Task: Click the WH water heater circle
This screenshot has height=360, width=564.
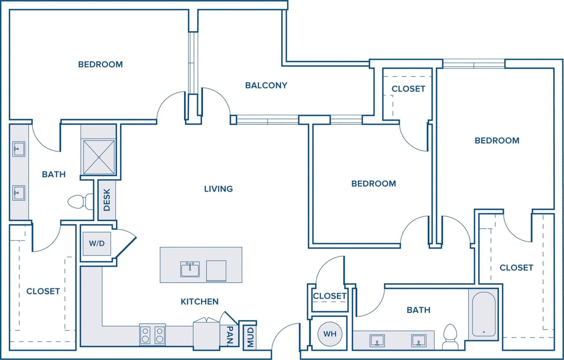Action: pyautogui.click(x=330, y=334)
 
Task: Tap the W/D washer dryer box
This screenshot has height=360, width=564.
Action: pyautogui.click(x=97, y=243)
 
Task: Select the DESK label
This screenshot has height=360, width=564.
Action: pyautogui.click(x=107, y=200)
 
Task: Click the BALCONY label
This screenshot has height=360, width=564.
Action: pyautogui.click(x=266, y=85)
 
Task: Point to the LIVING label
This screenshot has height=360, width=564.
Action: pyautogui.click(x=218, y=189)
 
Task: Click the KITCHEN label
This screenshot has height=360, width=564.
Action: pyautogui.click(x=200, y=301)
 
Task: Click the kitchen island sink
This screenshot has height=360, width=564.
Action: pyautogui.click(x=190, y=269)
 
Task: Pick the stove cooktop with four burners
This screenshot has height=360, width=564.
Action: pyautogui.click(x=152, y=334)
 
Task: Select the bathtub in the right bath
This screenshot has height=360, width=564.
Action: pyautogui.click(x=483, y=314)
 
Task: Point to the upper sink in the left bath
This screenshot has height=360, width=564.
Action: pyautogui.click(x=19, y=149)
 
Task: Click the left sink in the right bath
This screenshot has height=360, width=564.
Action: pyautogui.click(x=377, y=341)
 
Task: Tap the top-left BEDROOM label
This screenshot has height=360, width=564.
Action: pyautogui.click(x=100, y=64)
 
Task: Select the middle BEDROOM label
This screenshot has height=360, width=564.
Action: pyautogui.click(x=373, y=183)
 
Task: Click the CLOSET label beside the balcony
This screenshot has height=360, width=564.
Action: pyautogui.click(x=408, y=89)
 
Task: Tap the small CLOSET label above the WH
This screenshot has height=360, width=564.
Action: pyautogui.click(x=330, y=296)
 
